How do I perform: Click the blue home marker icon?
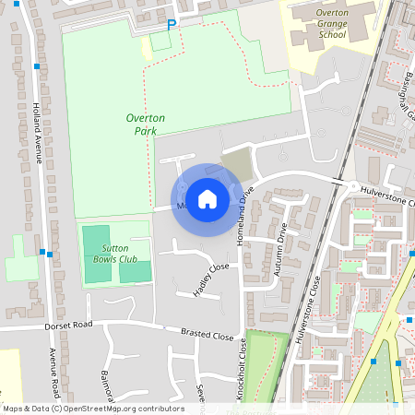207,199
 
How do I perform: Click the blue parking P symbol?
171,27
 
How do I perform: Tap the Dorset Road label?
69,326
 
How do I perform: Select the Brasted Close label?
207,335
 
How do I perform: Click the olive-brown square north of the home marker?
236,164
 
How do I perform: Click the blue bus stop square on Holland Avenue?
36,66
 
